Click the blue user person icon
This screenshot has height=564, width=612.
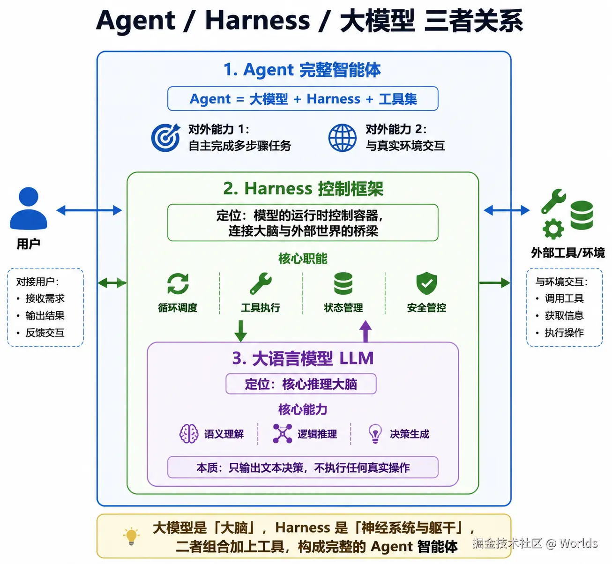pos(28,208)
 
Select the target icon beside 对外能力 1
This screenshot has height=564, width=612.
pos(165,137)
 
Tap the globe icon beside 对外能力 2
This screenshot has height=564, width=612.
pos(343,138)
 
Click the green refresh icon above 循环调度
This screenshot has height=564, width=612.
pos(178,283)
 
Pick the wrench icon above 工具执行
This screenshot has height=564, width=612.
pos(261,283)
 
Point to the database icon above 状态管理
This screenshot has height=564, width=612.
pos(343,283)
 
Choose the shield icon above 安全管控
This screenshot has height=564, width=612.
pos(426,283)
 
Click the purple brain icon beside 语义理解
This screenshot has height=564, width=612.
pos(189,434)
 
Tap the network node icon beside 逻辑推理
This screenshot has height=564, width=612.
pos(283,434)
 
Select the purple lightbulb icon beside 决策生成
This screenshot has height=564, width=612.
pos(375,434)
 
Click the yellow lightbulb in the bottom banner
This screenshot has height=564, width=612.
pos(131,536)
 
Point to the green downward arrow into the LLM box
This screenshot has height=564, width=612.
pos(241,331)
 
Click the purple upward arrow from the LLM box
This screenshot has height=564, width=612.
pos(366,331)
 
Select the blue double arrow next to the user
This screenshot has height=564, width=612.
pos(90,210)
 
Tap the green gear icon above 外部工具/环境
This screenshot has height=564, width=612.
pos(553,229)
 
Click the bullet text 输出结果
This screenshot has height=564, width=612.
pos(45,316)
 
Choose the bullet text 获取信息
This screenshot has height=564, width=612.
pos(564,316)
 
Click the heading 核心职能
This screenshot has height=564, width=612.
pos(303,259)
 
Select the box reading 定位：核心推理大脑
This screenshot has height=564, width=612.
pos(301,384)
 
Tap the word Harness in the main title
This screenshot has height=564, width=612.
pos(258,20)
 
